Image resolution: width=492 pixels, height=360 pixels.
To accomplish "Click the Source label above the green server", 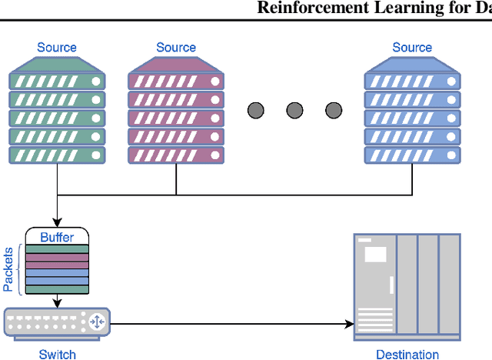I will pyautogui.click(x=57, y=48).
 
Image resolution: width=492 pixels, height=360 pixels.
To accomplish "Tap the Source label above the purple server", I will pyautogui.click(x=176, y=48).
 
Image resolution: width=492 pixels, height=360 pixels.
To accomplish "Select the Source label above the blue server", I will pyautogui.click(x=412, y=48).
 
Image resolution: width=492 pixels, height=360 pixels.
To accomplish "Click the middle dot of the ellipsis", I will pyautogui.click(x=294, y=110).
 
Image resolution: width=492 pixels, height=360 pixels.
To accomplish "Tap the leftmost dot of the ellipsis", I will pyautogui.click(x=256, y=110).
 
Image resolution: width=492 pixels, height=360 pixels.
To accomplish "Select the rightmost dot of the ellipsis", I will pyautogui.click(x=333, y=110).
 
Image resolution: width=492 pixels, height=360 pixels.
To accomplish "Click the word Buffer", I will pyautogui.click(x=58, y=237).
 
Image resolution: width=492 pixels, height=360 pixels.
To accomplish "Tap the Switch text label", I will pyautogui.click(x=58, y=354).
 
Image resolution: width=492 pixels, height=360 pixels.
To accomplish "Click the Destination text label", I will pyautogui.click(x=407, y=354).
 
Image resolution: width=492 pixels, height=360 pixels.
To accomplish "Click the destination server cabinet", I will pyautogui.click(x=407, y=286).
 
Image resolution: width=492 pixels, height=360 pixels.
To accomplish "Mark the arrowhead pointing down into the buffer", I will pyautogui.click(x=58, y=222).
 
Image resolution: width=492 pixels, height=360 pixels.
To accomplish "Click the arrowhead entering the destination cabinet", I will pyautogui.click(x=347, y=323).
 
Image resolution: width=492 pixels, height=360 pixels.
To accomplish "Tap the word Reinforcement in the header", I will pyautogui.click(x=303, y=8).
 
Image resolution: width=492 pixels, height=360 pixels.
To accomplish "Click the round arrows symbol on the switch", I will pyautogui.click(x=98, y=322).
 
